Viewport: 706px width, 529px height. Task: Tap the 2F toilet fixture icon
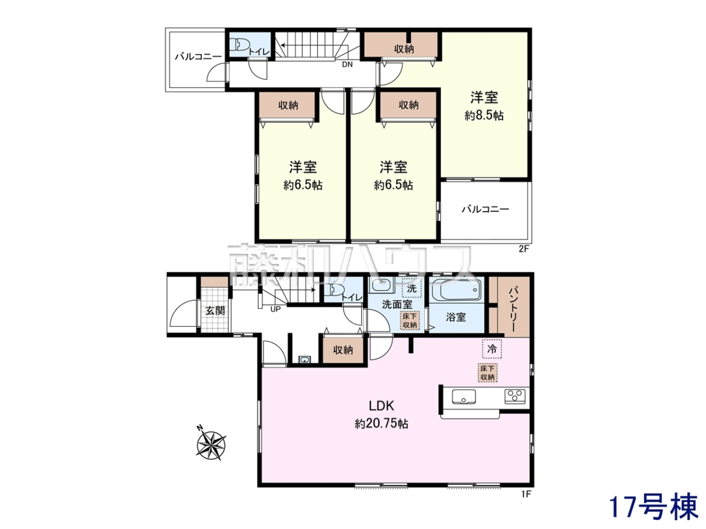tap(241, 45)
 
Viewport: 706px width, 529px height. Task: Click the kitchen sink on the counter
tap(464, 396)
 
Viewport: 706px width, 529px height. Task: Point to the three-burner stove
tap(515, 396)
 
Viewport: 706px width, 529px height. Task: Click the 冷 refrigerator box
tap(492, 349)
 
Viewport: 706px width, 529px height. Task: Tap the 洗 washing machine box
tap(411, 289)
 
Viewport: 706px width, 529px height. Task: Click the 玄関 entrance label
tap(215, 310)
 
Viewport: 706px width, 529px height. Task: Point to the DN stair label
tap(347, 65)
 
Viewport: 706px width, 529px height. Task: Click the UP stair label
tap(276, 309)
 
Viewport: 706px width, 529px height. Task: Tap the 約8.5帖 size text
tap(484, 115)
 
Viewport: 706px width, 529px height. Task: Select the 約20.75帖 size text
tap(381, 424)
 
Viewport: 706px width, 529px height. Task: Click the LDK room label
tap(381, 406)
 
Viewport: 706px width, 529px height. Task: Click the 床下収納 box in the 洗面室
tap(409, 320)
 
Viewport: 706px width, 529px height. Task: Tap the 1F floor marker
tap(526, 503)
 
